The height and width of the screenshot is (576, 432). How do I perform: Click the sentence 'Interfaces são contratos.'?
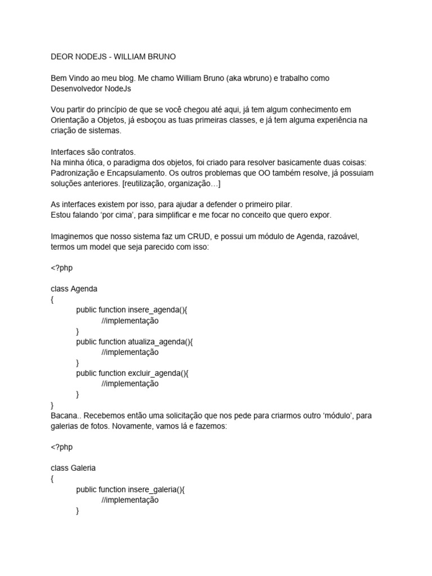pyautogui.click(x=93, y=152)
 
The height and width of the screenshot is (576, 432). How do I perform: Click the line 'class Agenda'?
pyautogui.click(x=74, y=289)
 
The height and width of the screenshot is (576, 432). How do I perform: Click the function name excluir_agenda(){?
pyautogui.click(x=166, y=373)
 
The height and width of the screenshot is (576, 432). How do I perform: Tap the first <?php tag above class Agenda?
pyautogui.click(x=61, y=268)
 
